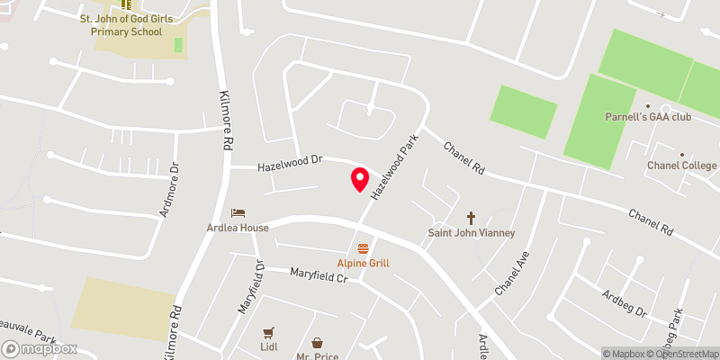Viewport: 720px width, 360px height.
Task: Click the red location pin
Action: tap(359, 178)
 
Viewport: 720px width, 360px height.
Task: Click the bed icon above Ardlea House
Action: tap(237, 212)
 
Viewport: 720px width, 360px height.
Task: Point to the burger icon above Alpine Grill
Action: tap(363, 247)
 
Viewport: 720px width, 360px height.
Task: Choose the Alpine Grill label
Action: tap(363, 263)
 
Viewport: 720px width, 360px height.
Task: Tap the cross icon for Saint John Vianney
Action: tap(471, 218)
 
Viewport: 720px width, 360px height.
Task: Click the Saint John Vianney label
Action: tap(471, 233)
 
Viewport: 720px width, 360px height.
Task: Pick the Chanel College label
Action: tap(681, 166)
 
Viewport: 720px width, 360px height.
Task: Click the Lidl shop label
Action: tap(268, 347)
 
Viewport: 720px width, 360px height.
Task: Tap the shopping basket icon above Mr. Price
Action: tap(318, 342)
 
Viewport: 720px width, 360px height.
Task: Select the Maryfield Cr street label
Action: tap(318, 274)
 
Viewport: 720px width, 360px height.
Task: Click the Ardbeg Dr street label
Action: tap(625, 301)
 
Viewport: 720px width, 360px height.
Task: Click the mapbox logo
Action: tap(40, 348)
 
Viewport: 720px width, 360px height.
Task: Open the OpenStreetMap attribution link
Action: tap(680, 354)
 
